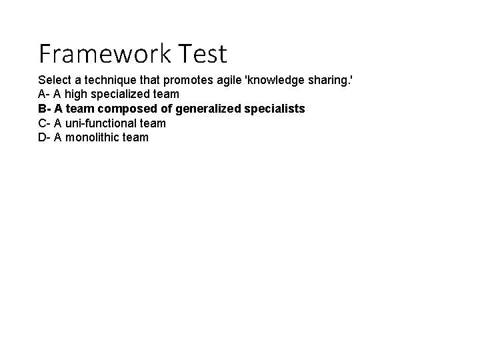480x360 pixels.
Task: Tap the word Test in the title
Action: coord(199,53)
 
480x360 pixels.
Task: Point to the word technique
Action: coord(110,79)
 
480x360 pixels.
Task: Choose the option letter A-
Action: coord(44,94)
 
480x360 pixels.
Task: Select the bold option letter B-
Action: coord(45,108)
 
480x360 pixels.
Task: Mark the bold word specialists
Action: coord(275,108)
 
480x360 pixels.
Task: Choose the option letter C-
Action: coord(45,123)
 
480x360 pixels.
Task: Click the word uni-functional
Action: coord(101,123)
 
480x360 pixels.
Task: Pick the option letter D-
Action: coord(45,137)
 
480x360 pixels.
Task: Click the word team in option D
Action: coord(136,137)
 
